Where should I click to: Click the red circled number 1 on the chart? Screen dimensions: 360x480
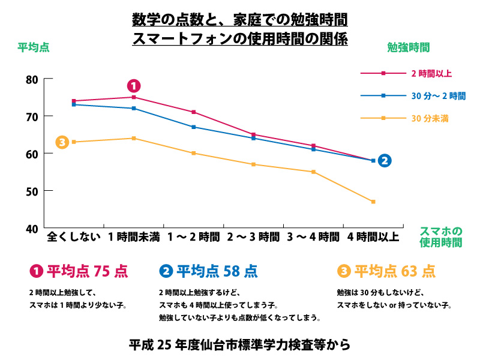point(134,86)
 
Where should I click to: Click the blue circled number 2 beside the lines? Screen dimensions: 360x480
point(385,160)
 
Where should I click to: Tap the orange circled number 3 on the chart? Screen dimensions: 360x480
point(62,142)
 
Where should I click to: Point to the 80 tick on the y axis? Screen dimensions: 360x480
point(32,79)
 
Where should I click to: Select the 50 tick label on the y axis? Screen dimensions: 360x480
point(32,191)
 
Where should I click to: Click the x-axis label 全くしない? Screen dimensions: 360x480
point(73,236)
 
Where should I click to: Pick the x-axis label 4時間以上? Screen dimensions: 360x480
point(373,236)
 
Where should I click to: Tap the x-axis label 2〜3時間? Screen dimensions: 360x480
point(253,236)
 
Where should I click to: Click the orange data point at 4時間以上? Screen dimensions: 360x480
point(373,202)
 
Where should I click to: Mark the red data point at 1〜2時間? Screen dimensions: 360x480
point(194,112)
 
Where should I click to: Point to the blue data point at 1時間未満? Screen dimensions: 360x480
point(134,108)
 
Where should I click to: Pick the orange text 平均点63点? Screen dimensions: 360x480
point(395,271)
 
